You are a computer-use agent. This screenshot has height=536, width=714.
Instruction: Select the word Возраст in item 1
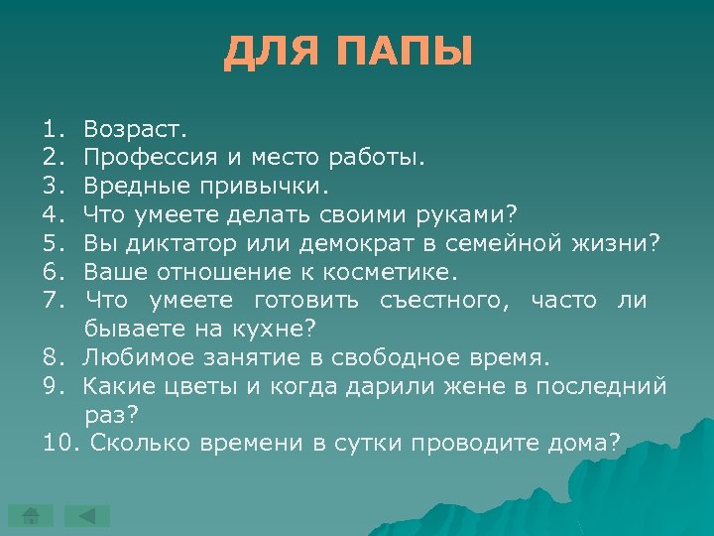[133, 129]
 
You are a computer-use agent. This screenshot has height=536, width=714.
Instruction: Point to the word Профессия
[147, 157]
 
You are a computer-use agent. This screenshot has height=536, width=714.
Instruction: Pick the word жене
[476, 386]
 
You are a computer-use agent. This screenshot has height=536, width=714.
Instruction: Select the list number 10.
[59, 443]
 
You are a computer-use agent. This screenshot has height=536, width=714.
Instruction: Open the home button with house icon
[31, 516]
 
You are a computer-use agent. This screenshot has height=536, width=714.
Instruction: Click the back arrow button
[87, 516]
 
